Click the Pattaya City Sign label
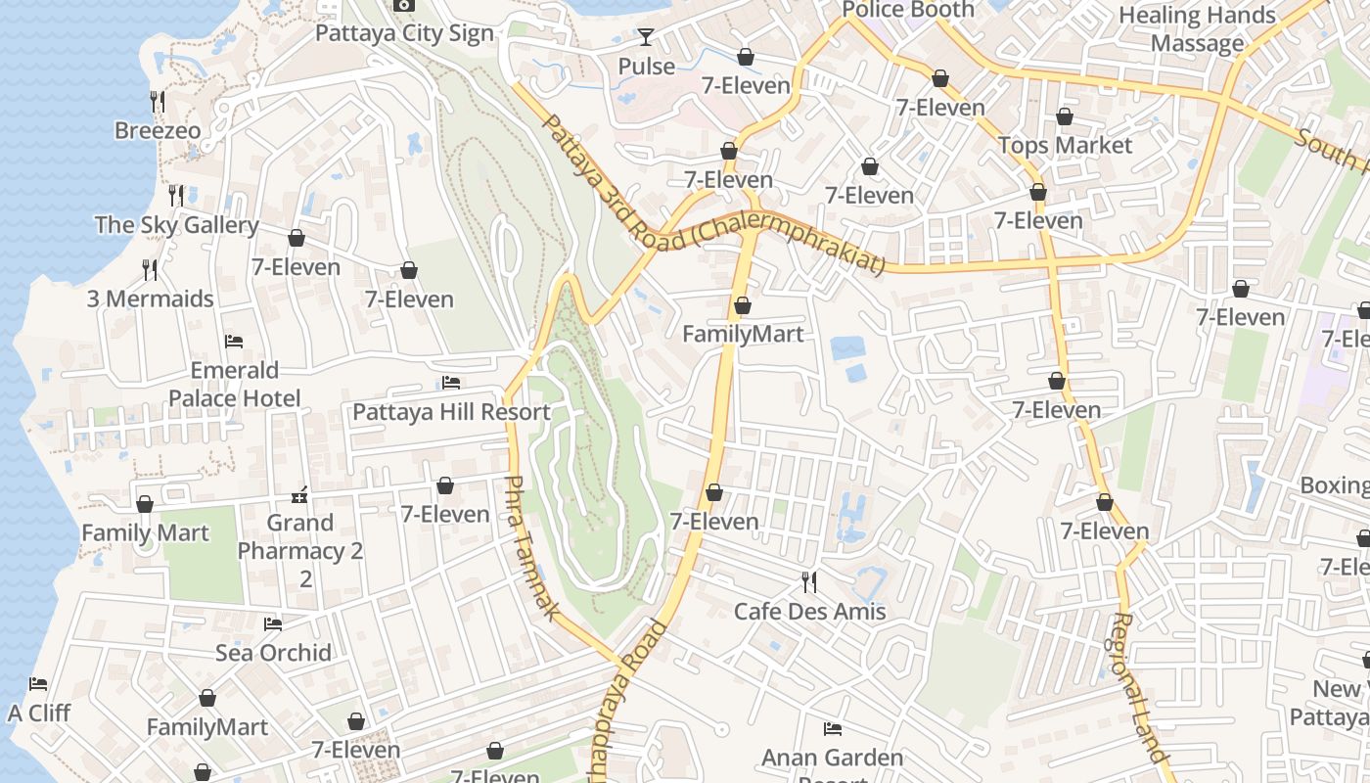[404, 33]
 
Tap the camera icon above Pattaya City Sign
[404, 6]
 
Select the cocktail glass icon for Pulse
[646, 38]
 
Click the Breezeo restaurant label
[158, 130]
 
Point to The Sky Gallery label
[177, 225]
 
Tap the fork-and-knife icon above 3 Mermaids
[150, 270]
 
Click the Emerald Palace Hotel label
[234, 384]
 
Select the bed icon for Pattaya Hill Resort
[451, 383]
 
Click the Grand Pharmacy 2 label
[300, 550]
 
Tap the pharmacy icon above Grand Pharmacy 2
[300, 494]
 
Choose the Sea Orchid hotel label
[273, 652]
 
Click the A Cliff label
[39, 713]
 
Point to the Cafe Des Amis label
[809, 612]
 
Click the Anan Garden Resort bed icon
[833, 729]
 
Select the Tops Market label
[1065, 146]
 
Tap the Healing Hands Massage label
[1197, 29]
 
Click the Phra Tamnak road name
[531, 547]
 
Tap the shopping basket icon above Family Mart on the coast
[145, 504]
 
